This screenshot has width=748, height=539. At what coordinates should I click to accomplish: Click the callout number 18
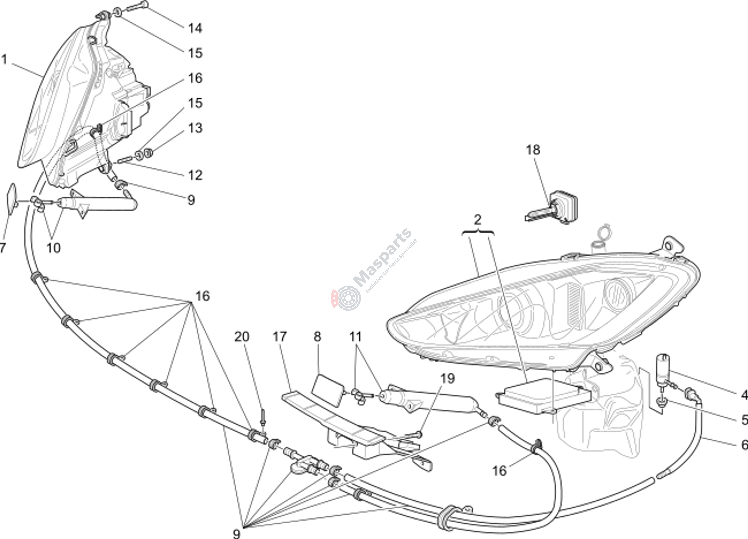coord(533,150)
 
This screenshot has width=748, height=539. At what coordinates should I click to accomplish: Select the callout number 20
coord(242,337)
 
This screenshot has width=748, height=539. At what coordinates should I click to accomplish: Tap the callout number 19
coord(448,379)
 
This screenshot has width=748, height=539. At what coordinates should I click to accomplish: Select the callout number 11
coord(356,337)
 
